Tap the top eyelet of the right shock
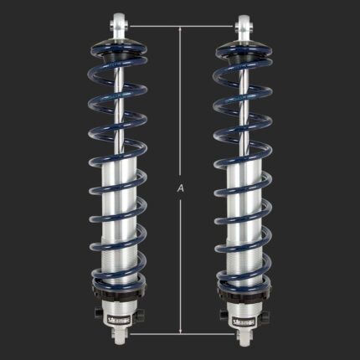244,21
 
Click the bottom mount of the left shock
117,335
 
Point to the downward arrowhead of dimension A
180,332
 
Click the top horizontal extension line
180,25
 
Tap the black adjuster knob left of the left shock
100,317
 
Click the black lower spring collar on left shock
117,295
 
